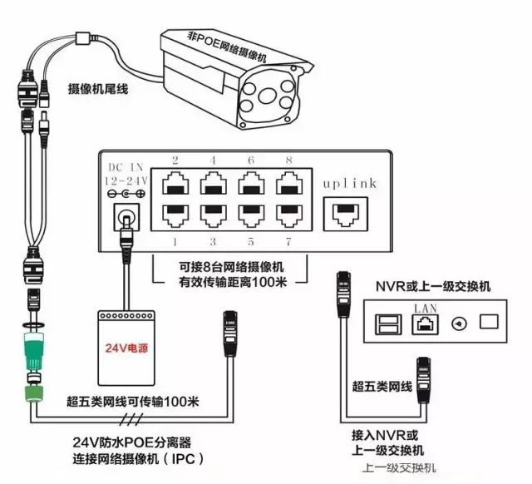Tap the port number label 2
pyautogui.click(x=175, y=160)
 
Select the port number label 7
pyautogui.click(x=288, y=241)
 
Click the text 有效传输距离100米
pyautogui.click(x=230, y=284)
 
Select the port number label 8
pyautogui.click(x=288, y=160)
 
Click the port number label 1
pyautogui.click(x=175, y=241)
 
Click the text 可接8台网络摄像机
pyautogui.click(x=230, y=268)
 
